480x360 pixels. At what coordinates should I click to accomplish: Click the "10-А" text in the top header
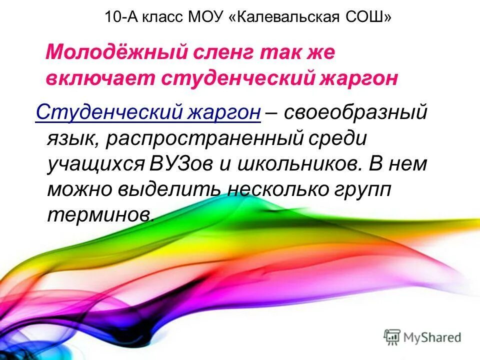coord(121,18)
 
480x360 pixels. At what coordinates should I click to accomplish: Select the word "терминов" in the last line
coord(100,215)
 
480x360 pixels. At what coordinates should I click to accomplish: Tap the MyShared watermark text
coord(432,336)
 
